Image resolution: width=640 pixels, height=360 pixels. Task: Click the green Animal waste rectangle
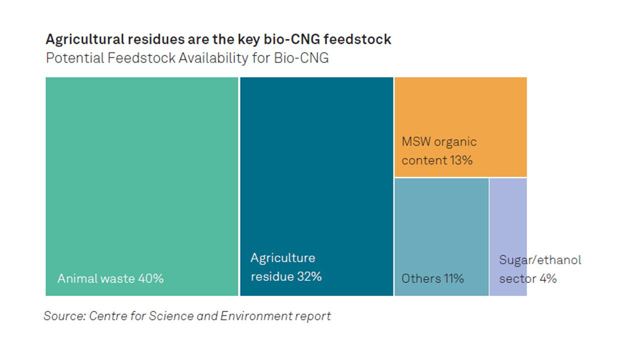point(141,186)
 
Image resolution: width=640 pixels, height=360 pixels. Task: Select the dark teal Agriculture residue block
point(316,186)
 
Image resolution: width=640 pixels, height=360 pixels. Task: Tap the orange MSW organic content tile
point(460,127)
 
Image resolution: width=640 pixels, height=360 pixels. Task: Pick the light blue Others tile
point(441,237)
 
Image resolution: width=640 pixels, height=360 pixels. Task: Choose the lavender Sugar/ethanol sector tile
point(508,237)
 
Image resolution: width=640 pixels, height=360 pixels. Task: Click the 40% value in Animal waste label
point(151,278)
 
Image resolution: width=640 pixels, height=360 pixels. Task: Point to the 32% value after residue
point(309,276)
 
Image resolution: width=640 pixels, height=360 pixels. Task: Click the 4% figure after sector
point(548,278)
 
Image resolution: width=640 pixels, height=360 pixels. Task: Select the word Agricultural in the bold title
point(85,39)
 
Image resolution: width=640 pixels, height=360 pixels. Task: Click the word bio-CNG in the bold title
point(291,39)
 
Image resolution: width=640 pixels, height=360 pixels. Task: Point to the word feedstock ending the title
point(357,39)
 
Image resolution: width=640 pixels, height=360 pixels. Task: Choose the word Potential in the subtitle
point(74,58)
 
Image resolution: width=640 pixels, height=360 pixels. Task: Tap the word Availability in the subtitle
point(213,58)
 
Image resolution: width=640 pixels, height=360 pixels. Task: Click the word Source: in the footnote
point(65,316)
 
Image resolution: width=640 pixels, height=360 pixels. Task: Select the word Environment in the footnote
point(256,316)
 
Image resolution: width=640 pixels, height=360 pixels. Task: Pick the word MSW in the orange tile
point(416,141)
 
